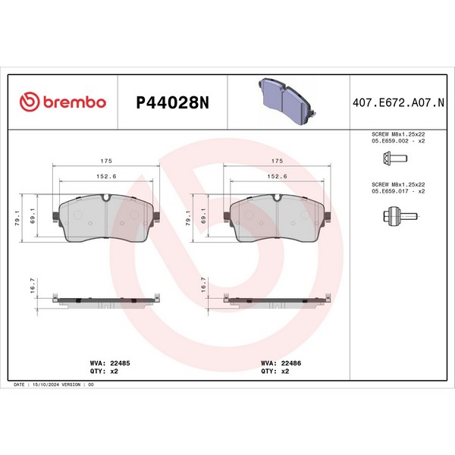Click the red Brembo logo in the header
click(x=63, y=102)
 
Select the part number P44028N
click(x=173, y=102)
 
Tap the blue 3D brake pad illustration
click(x=287, y=102)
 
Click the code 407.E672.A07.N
click(x=398, y=102)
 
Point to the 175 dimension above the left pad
click(x=106, y=161)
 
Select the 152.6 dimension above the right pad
click(x=277, y=177)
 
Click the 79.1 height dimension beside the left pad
click(x=17, y=218)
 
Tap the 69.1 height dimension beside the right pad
click(x=203, y=216)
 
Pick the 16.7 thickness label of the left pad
click(x=32, y=286)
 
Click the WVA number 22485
click(x=120, y=363)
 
